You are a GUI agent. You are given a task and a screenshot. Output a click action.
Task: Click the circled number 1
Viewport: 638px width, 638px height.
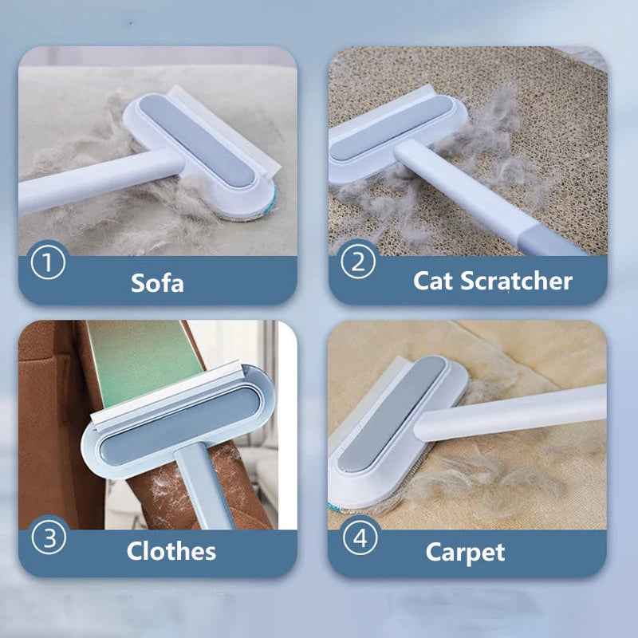point(48,262)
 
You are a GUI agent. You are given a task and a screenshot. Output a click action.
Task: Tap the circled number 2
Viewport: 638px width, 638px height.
point(358,262)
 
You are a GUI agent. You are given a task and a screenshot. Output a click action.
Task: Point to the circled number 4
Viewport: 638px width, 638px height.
point(360,538)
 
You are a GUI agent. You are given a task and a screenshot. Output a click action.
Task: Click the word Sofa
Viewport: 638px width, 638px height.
point(157,283)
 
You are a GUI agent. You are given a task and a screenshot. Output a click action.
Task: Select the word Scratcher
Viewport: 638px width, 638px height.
point(516,281)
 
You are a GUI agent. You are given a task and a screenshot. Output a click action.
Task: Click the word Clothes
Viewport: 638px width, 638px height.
point(171,551)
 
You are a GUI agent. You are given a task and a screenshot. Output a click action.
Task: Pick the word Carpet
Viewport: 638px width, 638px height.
point(465,553)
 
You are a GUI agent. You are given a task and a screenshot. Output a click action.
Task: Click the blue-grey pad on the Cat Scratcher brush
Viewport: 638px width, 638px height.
point(392,128)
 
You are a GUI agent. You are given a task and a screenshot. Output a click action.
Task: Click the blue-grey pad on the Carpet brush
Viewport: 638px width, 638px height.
point(392,414)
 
